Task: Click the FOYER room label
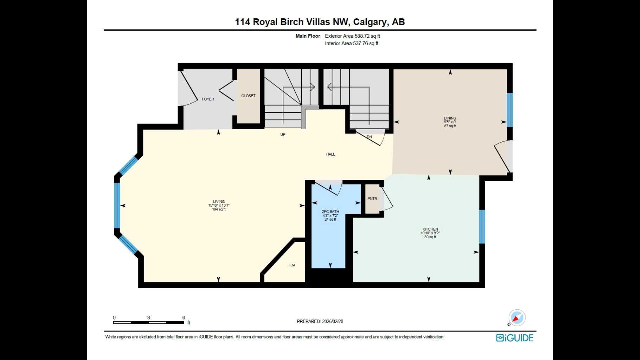tap(207, 99)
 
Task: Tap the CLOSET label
tap(248, 96)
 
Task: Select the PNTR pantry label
tap(372, 199)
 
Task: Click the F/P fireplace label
tap(292, 265)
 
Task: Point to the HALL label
tap(330, 154)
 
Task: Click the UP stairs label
tap(282, 134)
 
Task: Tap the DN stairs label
tap(369, 137)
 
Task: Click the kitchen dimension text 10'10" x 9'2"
tap(430, 233)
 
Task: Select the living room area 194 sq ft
tap(219, 209)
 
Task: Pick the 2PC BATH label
tap(330, 211)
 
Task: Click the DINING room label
tap(450, 118)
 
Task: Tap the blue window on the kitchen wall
tap(482, 227)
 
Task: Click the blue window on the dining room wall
tap(510, 110)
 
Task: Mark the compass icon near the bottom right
tap(517, 318)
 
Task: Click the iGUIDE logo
tap(514, 338)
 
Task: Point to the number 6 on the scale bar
tap(184, 317)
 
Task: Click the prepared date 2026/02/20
tap(332, 321)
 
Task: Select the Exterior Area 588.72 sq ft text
tap(352, 36)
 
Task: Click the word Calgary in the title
tap(369, 22)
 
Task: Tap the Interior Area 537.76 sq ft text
tap(352, 43)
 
